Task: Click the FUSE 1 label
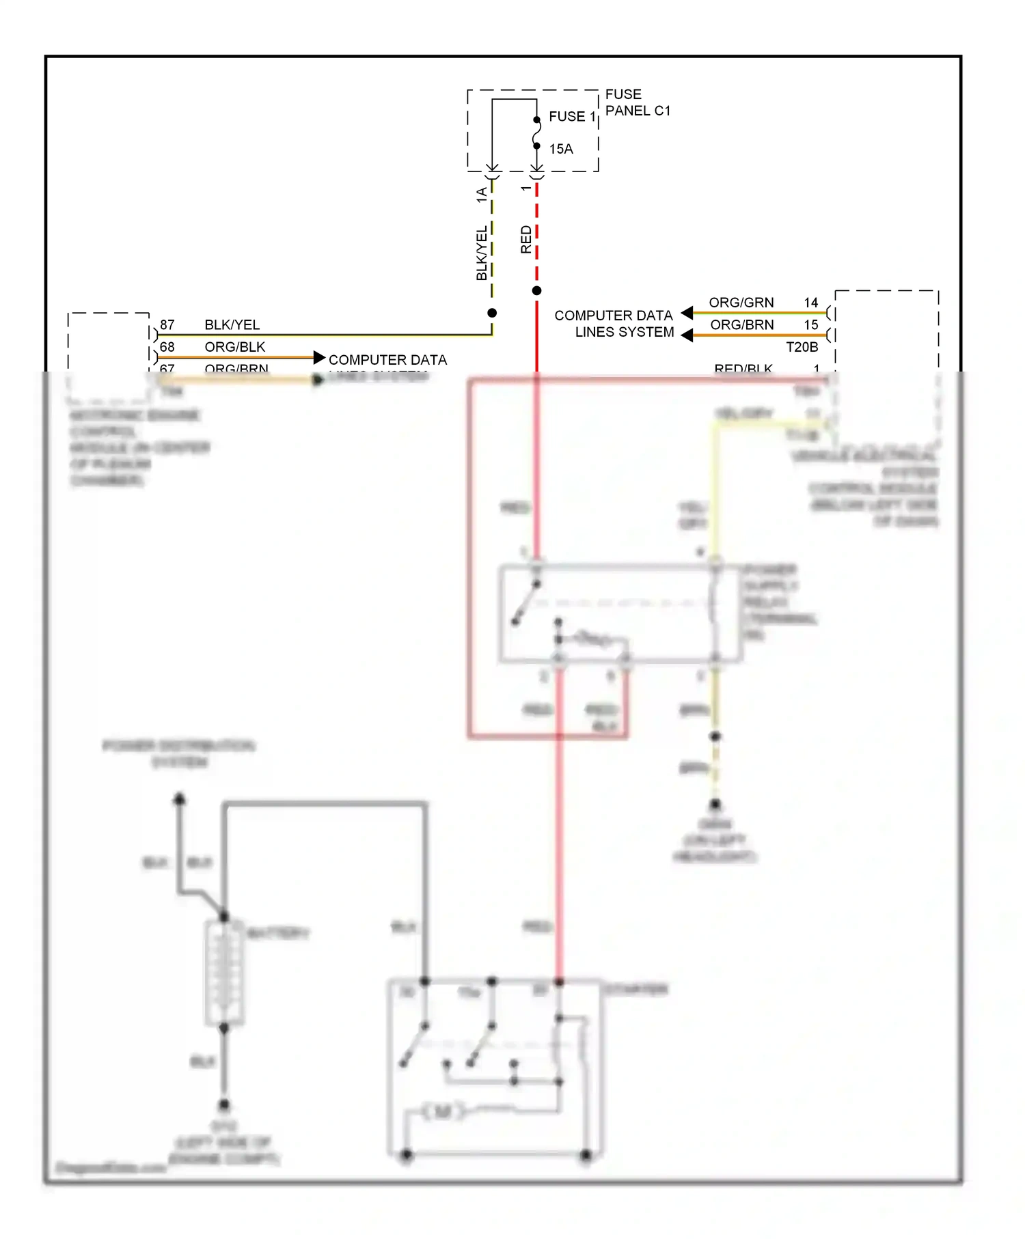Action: [x=572, y=117]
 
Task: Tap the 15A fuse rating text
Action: [x=561, y=149]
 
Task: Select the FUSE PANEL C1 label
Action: [x=638, y=102]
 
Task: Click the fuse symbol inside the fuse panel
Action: [x=537, y=133]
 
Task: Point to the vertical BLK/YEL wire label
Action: [x=482, y=253]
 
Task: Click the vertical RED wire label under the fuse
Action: [x=525, y=240]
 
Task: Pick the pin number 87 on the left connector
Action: [x=167, y=324]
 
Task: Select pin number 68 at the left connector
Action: [x=167, y=347]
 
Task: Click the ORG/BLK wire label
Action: [x=234, y=347]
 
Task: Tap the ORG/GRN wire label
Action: [x=741, y=303]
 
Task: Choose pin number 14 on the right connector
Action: [x=810, y=303]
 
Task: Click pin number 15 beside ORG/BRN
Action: [x=810, y=324]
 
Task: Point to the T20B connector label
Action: [x=802, y=347]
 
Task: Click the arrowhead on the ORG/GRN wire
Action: [x=687, y=313]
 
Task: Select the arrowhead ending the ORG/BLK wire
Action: [x=319, y=357]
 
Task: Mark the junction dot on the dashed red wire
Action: [x=537, y=291]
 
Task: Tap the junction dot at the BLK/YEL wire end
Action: [x=492, y=313]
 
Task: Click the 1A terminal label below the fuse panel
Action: [x=482, y=195]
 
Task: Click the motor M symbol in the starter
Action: [x=442, y=1112]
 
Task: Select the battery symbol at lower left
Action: [x=224, y=973]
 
